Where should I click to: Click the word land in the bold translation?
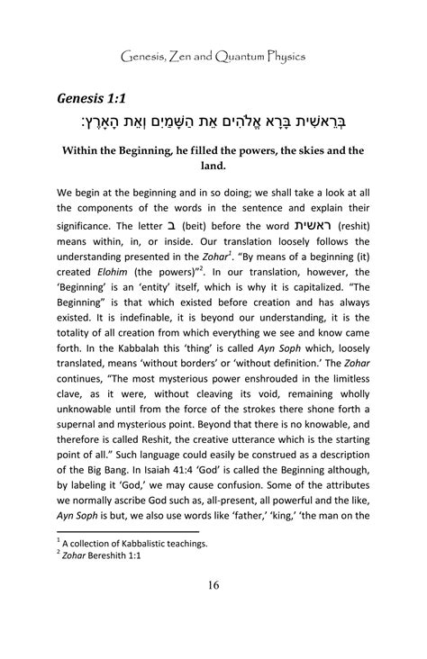point(213,168)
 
